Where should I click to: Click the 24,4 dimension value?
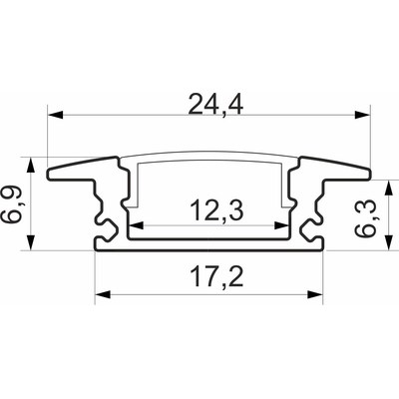[x=216, y=105]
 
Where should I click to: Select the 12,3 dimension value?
[x=216, y=211]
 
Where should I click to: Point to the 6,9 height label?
[x=11, y=203]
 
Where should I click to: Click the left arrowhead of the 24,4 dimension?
[x=56, y=115]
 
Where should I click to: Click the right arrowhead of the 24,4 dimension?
[x=362, y=115]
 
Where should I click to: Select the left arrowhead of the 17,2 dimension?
[x=103, y=294]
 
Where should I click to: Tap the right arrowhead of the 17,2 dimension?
[x=315, y=294]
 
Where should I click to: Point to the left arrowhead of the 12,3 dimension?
[x=136, y=225]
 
